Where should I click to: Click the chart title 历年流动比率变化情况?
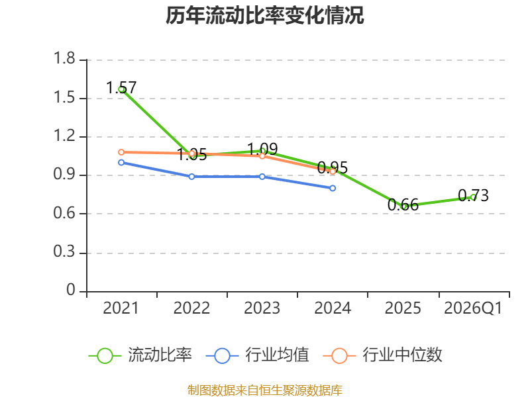[x=265, y=16]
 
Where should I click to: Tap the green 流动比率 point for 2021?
[x=121, y=89]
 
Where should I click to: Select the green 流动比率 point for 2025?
[x=403, y=206]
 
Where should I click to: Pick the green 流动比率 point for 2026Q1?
[x=474, y=197]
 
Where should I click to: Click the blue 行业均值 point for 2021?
[x=121, y=162]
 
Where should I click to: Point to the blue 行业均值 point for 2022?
[x=191, y=177]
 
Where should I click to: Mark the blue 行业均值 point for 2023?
[x=262, y=177]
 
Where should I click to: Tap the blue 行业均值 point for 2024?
[x=333, y=188]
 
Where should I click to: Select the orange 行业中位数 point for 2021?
[x=121, y=152]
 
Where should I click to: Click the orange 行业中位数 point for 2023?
[x=262, y=156]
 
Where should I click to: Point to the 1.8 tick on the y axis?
[x=66, y=60]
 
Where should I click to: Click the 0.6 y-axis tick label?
[x=66, y=214]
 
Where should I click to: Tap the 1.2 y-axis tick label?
[x=66, y=137]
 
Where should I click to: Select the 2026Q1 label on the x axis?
[x=473, y=308]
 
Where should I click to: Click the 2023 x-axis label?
[x=262, y=308]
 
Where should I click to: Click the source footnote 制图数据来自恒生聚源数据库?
[x=265, y=390]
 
